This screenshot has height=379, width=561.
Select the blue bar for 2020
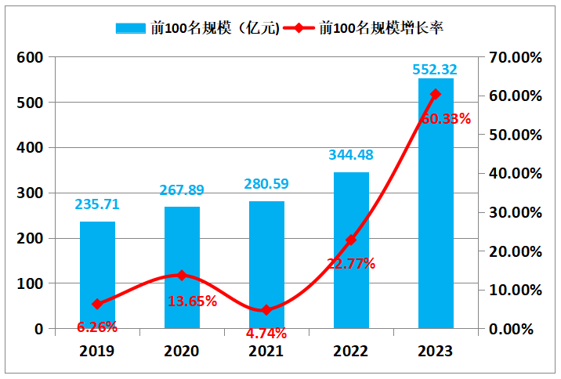[182, 267]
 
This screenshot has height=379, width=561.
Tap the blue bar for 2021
[266, 265]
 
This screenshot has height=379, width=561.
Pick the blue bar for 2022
[351, 250]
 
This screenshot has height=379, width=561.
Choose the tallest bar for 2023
[436, 203]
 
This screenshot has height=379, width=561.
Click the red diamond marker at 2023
[436, 94]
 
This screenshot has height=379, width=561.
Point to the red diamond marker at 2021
[266, 310]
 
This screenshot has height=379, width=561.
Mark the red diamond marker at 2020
[182, 276]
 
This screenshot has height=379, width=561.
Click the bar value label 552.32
[435, 69]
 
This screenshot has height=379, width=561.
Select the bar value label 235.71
[97, 204]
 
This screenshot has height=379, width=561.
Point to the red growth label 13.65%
[193, 301]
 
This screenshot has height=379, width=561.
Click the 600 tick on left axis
[31, 57]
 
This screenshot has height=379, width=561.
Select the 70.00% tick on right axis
[514, 57]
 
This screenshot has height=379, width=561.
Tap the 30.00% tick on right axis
[514, 212]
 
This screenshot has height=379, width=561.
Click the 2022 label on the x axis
[351, 352]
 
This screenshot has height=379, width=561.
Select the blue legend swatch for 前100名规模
[132, 28]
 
